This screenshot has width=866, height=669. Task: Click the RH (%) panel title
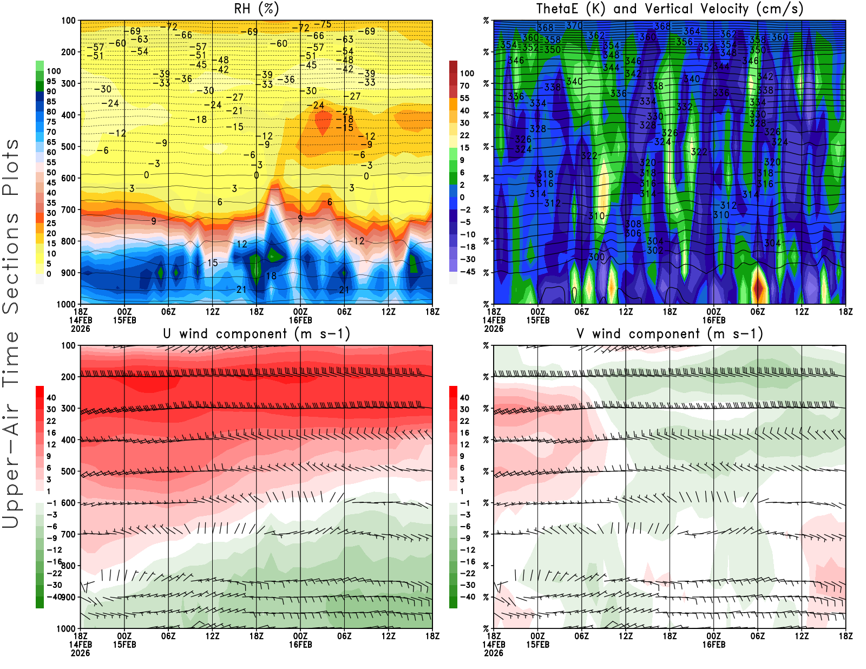tap(256, 9)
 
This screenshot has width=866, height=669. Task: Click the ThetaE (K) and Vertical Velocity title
tap(670, 9)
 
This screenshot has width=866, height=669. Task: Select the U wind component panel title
tap(256, 334)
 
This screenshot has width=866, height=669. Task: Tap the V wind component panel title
tap(670, 334)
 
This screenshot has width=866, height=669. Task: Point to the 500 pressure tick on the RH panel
tap(68, 147)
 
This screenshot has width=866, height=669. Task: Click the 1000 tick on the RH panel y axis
tap(66, 304)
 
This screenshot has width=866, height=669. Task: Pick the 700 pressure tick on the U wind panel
tap(68, 534)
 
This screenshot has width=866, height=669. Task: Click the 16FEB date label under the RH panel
tap(300, 320)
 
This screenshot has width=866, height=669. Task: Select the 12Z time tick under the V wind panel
tap(802, 636)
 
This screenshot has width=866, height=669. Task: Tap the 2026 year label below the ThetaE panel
tap(494, 329)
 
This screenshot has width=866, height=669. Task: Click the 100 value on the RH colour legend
tap(54, 71)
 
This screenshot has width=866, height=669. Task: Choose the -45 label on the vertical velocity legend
tap(467, 272)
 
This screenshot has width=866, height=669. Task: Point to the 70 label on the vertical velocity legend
tap(464, 86)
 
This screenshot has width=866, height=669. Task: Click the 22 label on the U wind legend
tap(51, 421)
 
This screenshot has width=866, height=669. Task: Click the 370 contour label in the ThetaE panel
tap(574, 25)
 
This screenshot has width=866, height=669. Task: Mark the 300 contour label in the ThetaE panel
tap(596, 257)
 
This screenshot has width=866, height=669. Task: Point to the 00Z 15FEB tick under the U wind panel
tap(124, 640)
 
